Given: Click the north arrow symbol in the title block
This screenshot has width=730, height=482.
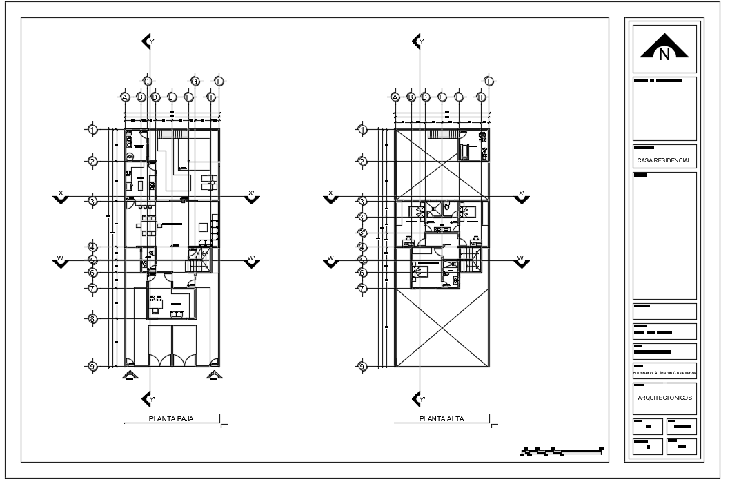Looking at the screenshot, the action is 664,48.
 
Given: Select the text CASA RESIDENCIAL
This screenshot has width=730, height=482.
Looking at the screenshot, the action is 664,160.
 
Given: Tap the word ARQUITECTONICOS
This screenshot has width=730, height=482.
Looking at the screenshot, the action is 664,398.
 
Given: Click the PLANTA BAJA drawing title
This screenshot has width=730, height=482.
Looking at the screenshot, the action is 171,419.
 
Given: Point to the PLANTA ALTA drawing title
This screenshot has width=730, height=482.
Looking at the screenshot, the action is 442,419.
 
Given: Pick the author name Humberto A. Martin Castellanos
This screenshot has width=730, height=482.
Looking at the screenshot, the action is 664,373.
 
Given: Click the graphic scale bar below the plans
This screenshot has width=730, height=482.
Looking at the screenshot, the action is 562,452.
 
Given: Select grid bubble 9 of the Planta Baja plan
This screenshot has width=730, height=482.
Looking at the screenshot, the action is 92,366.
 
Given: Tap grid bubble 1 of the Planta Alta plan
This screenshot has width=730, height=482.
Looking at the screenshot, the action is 363,129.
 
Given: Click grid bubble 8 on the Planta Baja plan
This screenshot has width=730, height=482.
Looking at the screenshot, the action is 92,318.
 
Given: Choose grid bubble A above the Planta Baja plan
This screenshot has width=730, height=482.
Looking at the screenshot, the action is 125,97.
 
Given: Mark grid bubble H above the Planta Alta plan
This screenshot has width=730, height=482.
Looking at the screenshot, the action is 481,97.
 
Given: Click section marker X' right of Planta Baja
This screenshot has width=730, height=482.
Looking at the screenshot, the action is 251,197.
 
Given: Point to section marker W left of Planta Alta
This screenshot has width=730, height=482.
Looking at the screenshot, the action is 331,261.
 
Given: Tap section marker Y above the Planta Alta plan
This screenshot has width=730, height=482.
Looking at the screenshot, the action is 418,41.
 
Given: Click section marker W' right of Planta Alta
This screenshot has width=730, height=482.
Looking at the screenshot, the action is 522,261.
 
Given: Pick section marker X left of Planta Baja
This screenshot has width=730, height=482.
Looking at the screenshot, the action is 61,197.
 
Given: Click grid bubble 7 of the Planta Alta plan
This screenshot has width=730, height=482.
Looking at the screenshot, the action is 363,288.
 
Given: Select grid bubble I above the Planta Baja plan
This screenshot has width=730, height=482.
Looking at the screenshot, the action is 219,81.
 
